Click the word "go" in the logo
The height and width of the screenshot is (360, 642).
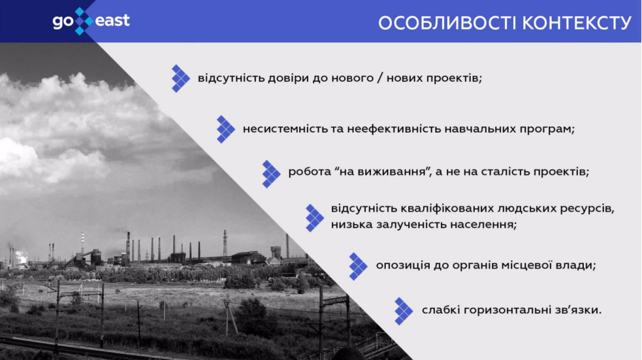63,22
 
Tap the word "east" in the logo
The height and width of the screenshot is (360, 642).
112,20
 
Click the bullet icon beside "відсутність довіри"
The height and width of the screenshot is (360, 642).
180,78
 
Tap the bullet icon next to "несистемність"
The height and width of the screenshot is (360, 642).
225,129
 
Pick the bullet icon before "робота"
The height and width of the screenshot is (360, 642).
271,174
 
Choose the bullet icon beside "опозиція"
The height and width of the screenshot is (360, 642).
359,266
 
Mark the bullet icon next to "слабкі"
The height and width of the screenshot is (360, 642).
404,311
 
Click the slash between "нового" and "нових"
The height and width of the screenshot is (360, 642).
380,78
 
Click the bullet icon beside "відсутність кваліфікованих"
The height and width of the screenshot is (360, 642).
314,218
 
